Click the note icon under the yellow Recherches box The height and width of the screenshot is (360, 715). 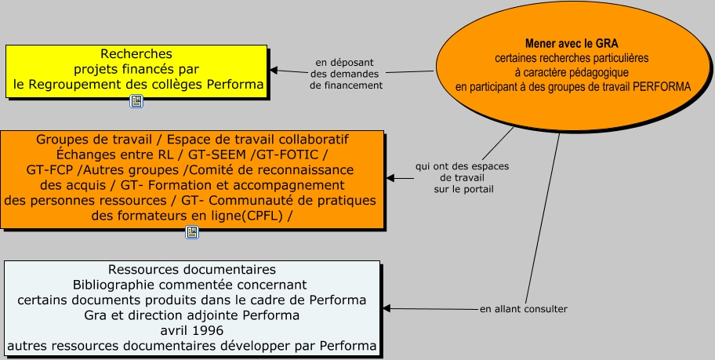pos(136,101)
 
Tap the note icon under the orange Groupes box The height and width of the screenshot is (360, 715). pos(192,231)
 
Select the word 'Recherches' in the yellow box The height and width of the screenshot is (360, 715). pos(136,54)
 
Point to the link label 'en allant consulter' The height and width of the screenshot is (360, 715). pos(523,309)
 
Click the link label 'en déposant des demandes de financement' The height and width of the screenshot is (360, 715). pos(346,74)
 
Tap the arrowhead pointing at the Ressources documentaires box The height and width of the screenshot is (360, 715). pos(386,308)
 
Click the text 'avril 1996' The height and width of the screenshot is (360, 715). pos(191,330)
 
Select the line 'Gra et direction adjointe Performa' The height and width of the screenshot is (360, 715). pos(191,315)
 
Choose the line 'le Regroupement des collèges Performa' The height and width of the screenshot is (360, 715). pos(138,84)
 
